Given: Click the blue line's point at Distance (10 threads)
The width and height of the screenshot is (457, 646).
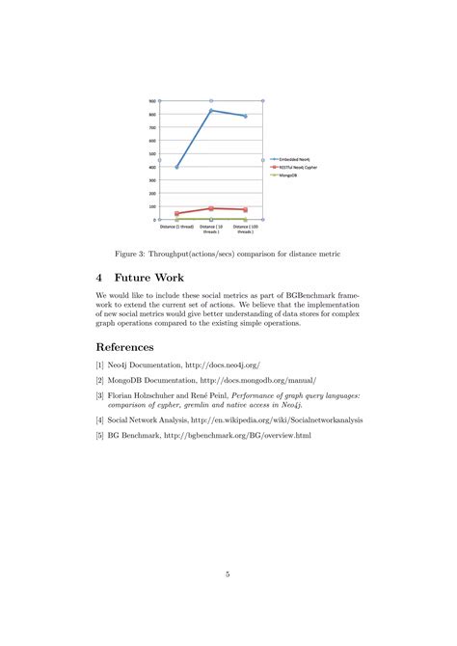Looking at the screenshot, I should pos(211,111).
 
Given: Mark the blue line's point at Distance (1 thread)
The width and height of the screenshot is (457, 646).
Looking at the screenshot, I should pos(176,167).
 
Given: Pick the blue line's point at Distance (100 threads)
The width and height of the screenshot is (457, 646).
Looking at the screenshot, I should pos(246,116).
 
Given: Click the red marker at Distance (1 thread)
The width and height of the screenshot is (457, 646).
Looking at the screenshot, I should pos(176,213).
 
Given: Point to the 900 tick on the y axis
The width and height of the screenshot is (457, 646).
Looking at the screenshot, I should pos(152,101).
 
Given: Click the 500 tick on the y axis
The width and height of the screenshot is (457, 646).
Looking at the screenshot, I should pos(152,154).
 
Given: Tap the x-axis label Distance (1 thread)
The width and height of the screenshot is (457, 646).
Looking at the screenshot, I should pos(176,228).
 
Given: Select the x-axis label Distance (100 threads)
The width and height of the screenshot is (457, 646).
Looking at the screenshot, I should pos(246,229).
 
